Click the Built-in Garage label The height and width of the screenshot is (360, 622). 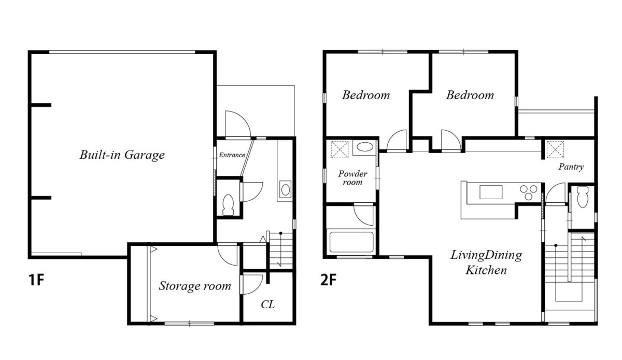pyautogui.click(x=122, y=155)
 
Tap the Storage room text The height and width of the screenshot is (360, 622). pyautogui.click(x=195, y=286)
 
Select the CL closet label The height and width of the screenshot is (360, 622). pyautogui.click(x=267, y=304)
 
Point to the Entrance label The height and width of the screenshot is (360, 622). pyautogui.click(x=232, y=155)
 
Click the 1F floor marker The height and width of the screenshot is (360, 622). pyautogui.click(x=36, y=280)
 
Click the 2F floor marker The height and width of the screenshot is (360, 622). pyautogui.click(x=328, y=280)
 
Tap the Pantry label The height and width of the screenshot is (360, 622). pyautogui.click(x=571, y=167)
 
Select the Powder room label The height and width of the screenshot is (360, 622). pyautogui.click(x=352, y=178)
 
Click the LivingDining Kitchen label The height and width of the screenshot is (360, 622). pyautogui.click(x=486, y=262)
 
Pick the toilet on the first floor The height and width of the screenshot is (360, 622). pyautogui.click(x=229, y=204)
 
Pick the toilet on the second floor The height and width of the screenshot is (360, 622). pyautogui.click(x=583, y=197)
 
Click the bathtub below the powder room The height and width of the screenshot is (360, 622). pyautogui.click(x=351, y=242)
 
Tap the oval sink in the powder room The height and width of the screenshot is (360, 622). pyautogui.click(x=365, y=146)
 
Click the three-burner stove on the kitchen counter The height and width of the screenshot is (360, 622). pyautogui.click(x=529, y=192)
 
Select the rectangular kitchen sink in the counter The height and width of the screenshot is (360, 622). pyautogui.click(x=491, y=192)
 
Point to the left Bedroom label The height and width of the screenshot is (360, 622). pyautogui.click(x=366, y=95)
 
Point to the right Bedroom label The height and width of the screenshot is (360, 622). pyautogui.click(x=470, y=95)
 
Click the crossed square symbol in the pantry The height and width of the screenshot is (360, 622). pyautogui.click(x=555, y=149)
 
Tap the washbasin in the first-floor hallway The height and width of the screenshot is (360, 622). pyautogui.click(x=286, y=189)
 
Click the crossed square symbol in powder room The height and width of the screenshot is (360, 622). pyautogui.click(x=340, y=149)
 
